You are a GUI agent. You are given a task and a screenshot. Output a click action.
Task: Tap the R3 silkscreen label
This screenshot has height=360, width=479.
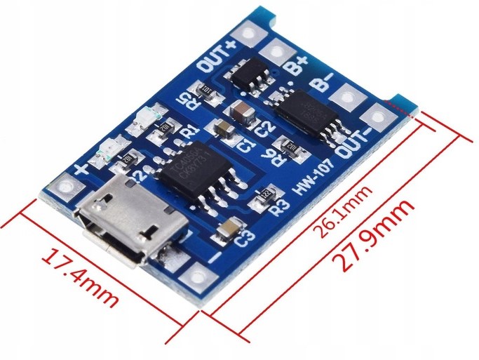point(279,206)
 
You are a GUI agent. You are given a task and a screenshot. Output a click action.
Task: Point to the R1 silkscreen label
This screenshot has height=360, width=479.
point(189,131)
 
